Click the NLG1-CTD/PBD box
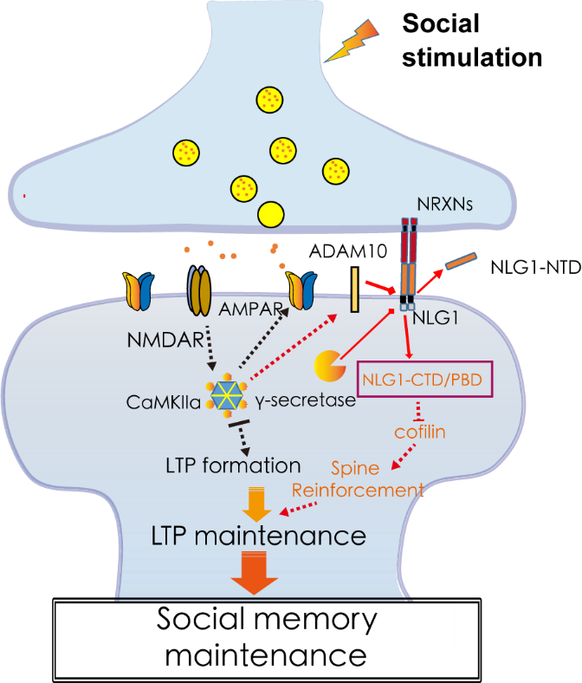pos(425,379)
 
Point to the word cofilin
pos(419,431)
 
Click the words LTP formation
pos(233,465)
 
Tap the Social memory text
pos(267,619)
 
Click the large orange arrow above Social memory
pos(253,574)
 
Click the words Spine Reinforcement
pos(357,479)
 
